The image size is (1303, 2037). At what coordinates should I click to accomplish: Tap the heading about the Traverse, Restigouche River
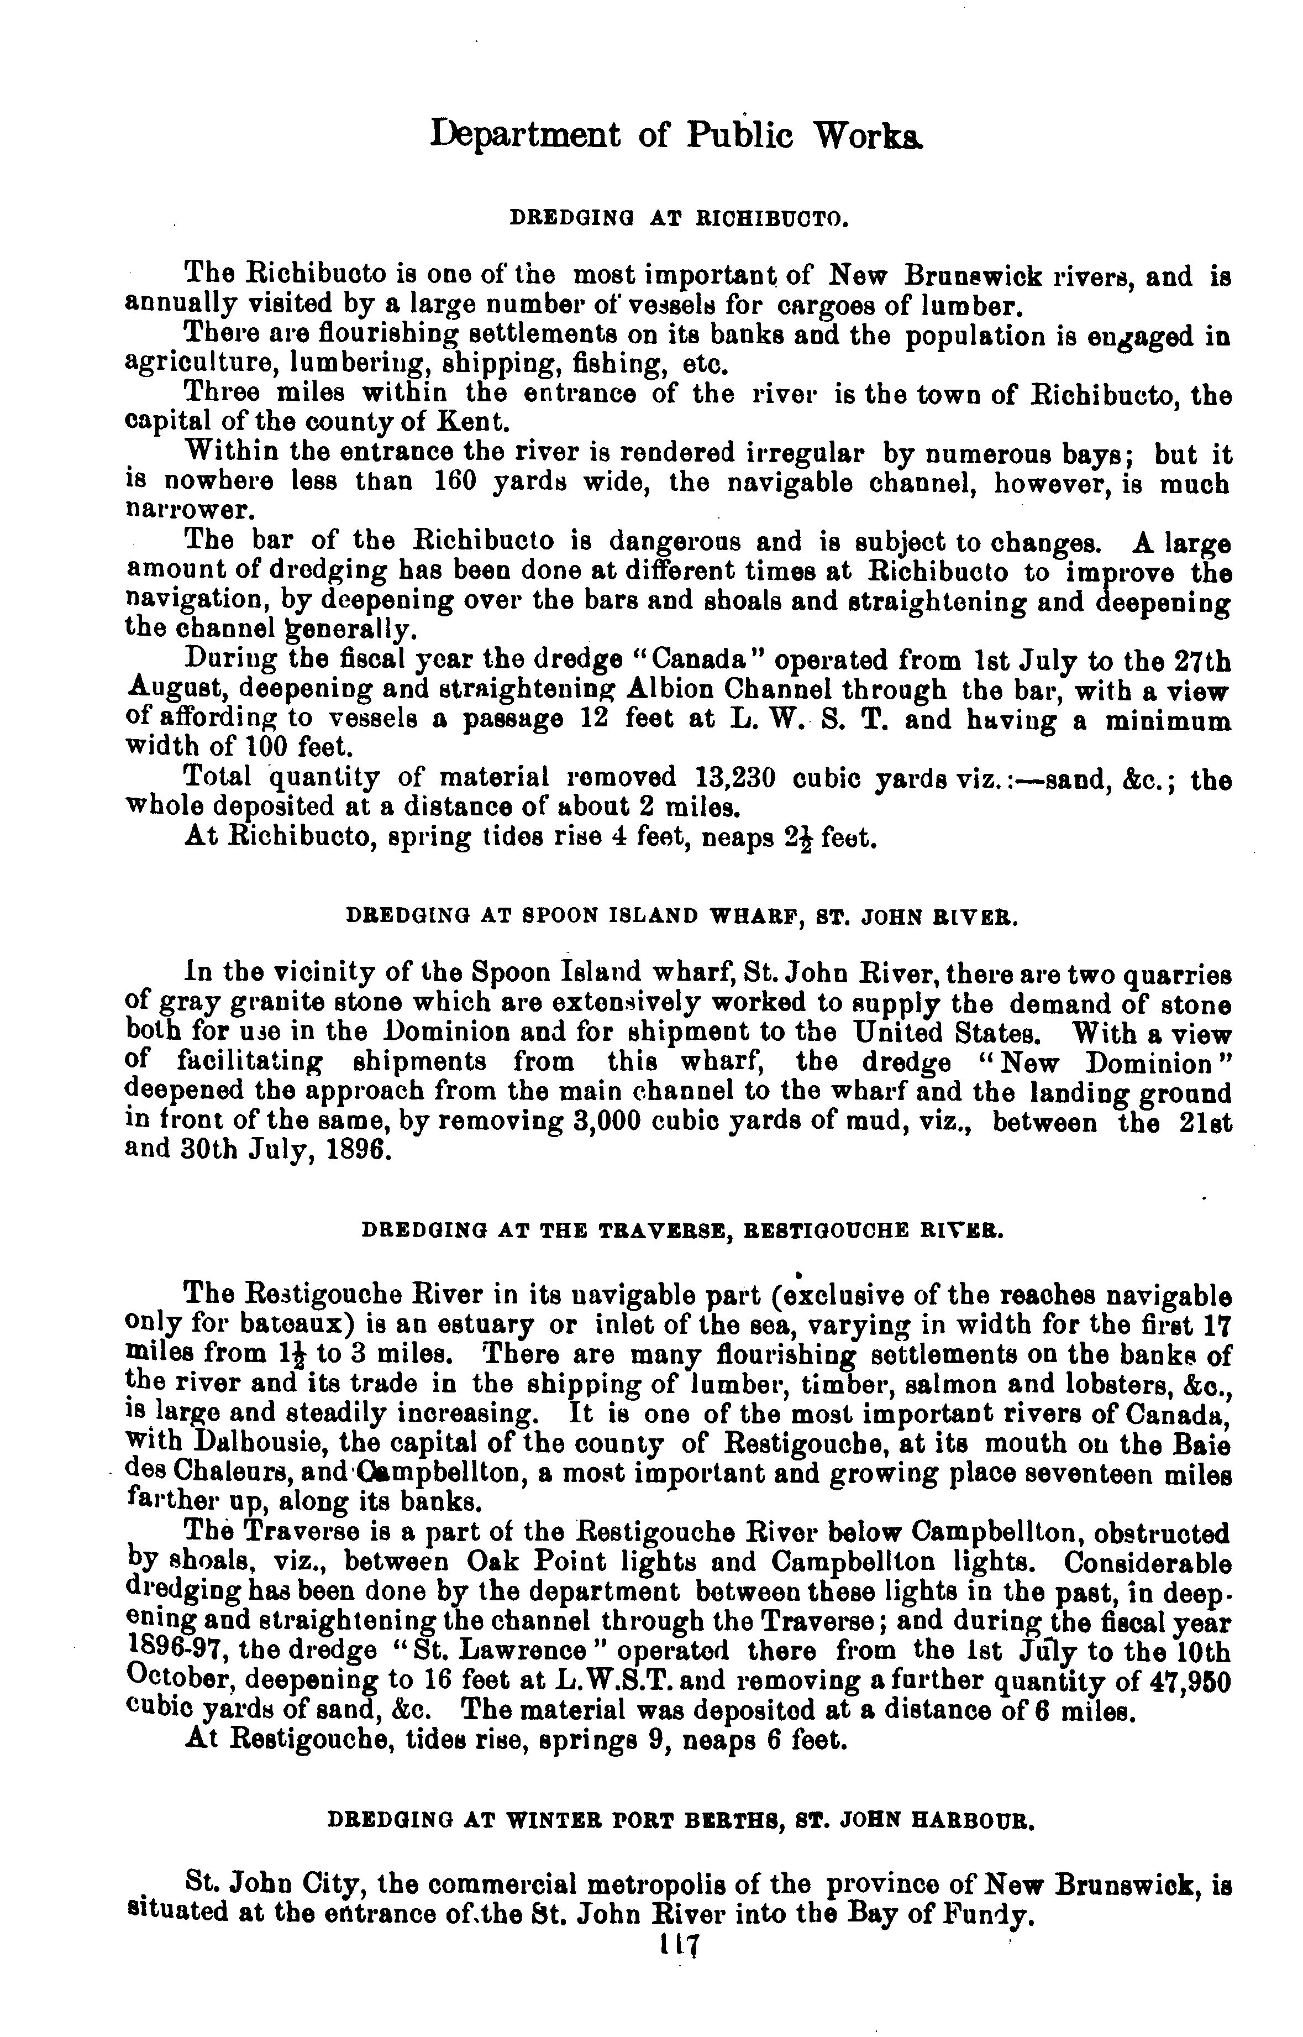click(x=682, y=1229)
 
